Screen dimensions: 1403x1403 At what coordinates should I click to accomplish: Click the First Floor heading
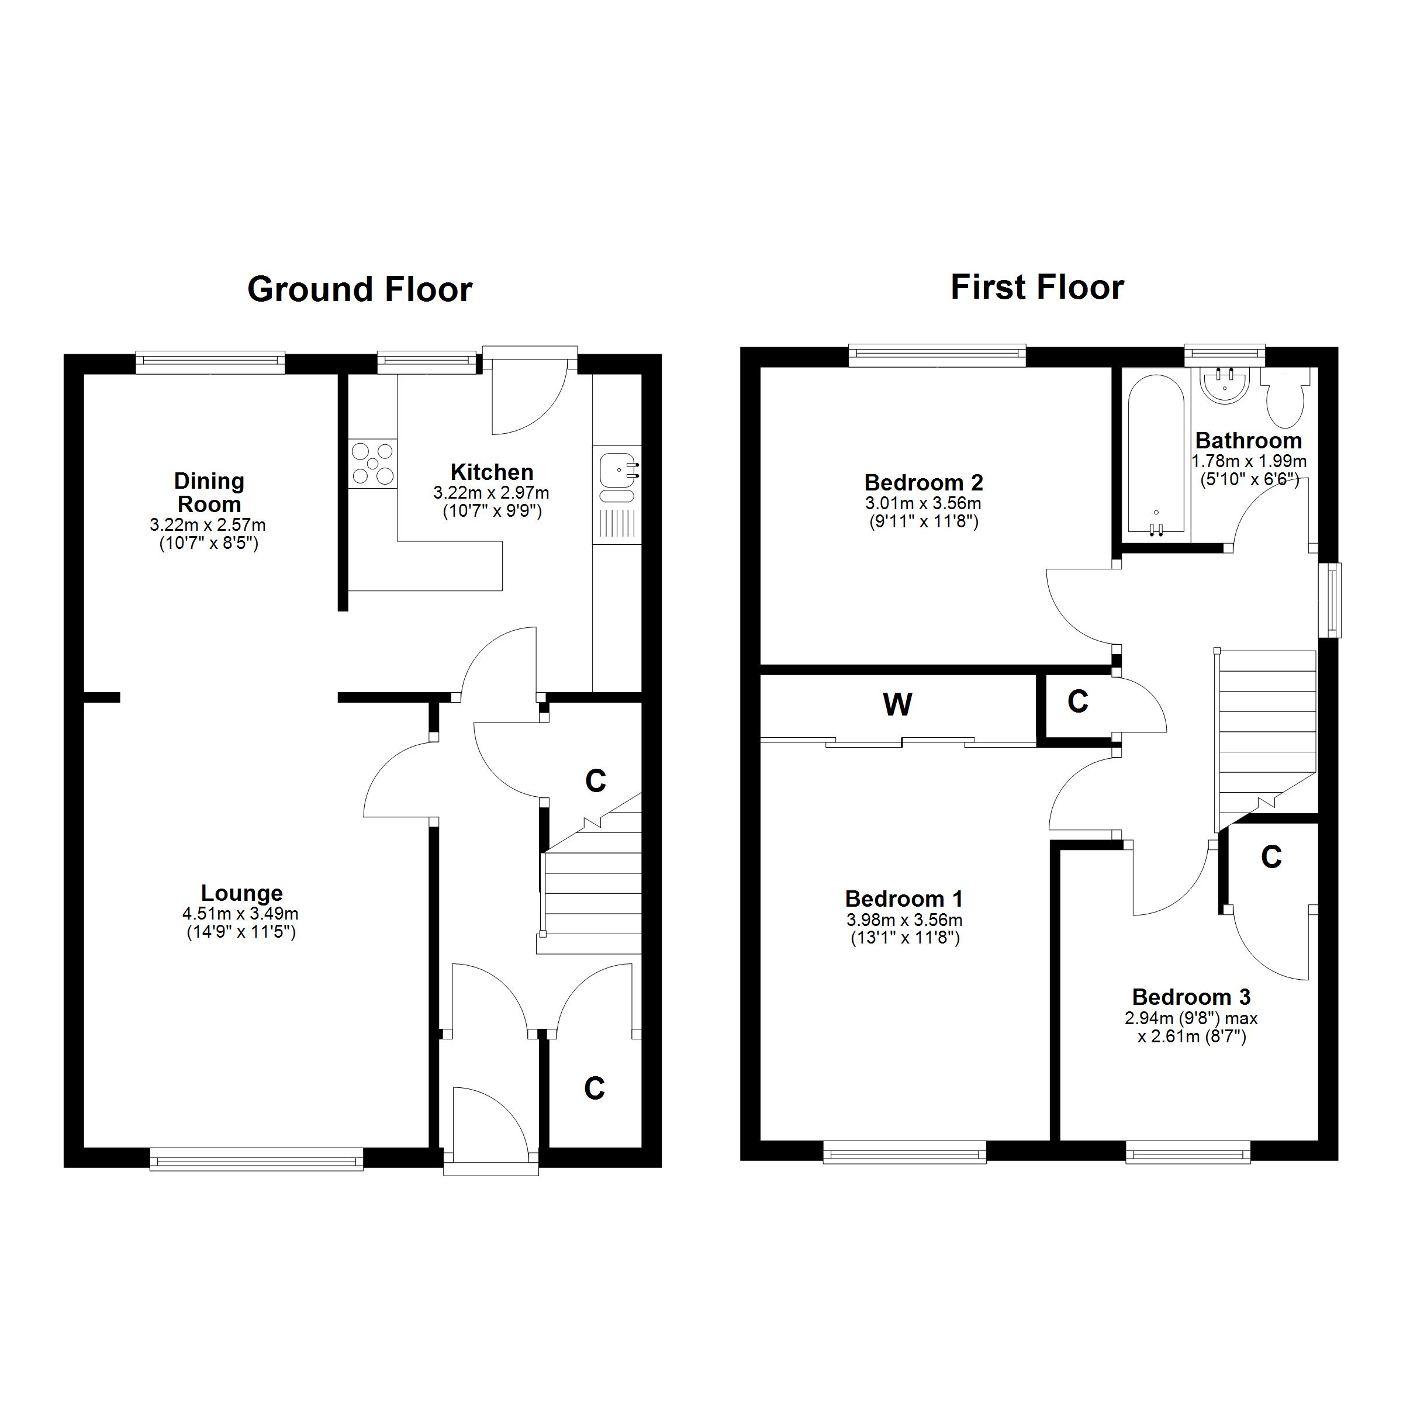[1037, 288]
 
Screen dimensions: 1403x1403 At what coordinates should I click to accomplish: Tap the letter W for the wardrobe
[897, 704]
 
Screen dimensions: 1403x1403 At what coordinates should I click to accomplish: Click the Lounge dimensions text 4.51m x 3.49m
[240, 914]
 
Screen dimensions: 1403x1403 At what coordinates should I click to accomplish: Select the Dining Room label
[209, 492]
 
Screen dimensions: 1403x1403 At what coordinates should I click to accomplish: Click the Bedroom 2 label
[924, 482]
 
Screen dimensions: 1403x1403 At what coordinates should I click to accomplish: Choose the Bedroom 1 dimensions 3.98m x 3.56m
[905, 920]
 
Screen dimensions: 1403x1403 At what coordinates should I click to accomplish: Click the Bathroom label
[1248, 441]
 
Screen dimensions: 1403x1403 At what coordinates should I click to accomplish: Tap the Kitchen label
[492, 472]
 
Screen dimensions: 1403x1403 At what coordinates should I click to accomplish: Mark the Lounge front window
[257, 1159]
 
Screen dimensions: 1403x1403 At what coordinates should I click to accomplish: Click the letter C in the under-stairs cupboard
[596, 782]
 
